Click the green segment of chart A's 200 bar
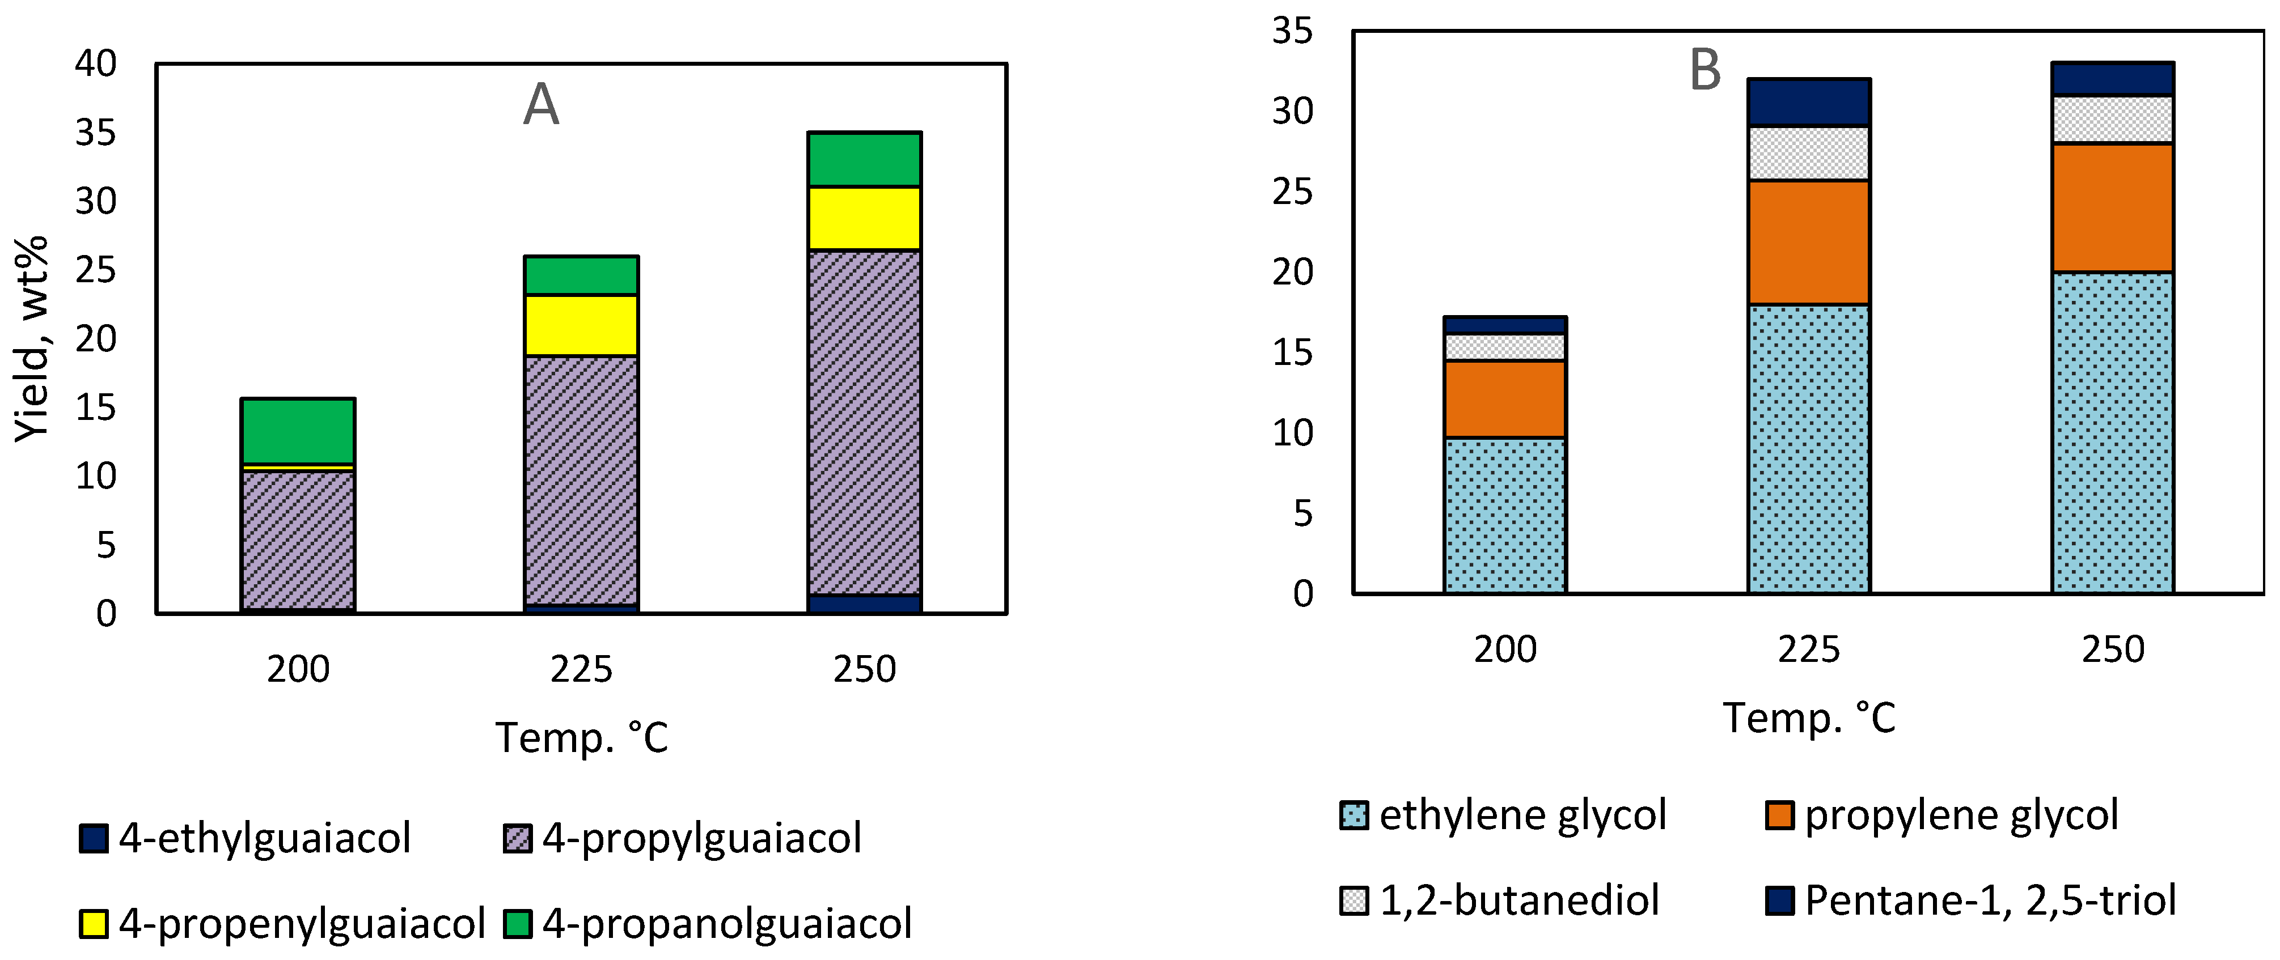point(298,431)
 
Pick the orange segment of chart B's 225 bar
point(1809,243)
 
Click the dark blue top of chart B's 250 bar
point(2113,79)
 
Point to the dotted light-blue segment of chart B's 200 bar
point(1505,515)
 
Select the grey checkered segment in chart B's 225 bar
point(1809,153)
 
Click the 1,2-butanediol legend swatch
point(1354,900)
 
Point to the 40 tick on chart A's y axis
point(96,63)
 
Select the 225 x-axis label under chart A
point(582,669)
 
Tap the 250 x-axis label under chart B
point(2113,649)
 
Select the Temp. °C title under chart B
point(1809,717)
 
